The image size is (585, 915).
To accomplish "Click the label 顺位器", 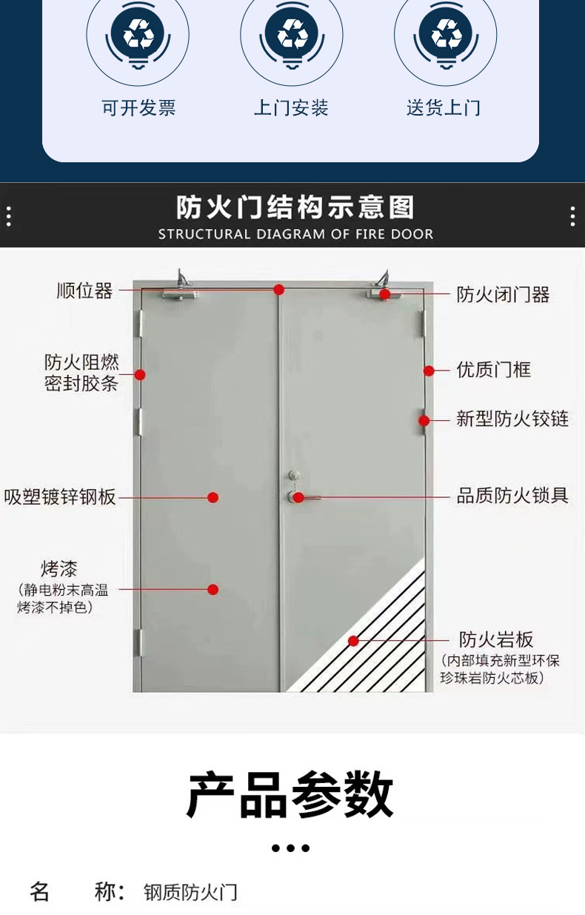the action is tap(84, 290).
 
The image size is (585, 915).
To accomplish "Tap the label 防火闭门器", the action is tap(503, 295).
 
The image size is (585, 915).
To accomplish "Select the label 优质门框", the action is tap(493, 370).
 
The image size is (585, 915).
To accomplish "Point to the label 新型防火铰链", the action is tap(512, 419).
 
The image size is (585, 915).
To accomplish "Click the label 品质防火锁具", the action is tap(512, 496).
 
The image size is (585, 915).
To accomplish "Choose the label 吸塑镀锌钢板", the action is tap(60, 497).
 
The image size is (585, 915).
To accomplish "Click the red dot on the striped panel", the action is tap(354, 641).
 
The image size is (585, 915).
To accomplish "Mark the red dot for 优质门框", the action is tap(429, 370).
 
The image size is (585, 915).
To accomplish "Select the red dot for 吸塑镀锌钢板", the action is tap(213, 498).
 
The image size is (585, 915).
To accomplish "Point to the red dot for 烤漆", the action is tap(213, 590).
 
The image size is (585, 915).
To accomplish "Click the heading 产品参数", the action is tap(290, 794).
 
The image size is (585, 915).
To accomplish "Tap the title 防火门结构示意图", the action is tap(295, 207).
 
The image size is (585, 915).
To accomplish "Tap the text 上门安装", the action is tap(291, 108).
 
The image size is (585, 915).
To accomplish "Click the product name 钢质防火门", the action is tap(190, 892).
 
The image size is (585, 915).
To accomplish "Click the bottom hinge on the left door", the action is tap(138, 642).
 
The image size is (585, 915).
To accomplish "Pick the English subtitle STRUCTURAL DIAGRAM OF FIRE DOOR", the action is tap(295, 234).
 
